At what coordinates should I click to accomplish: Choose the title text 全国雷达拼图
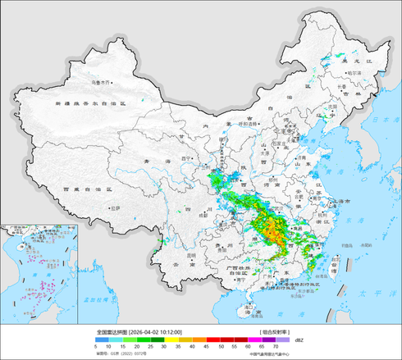(112, 332)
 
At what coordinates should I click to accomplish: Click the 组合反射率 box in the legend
(275, 332)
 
